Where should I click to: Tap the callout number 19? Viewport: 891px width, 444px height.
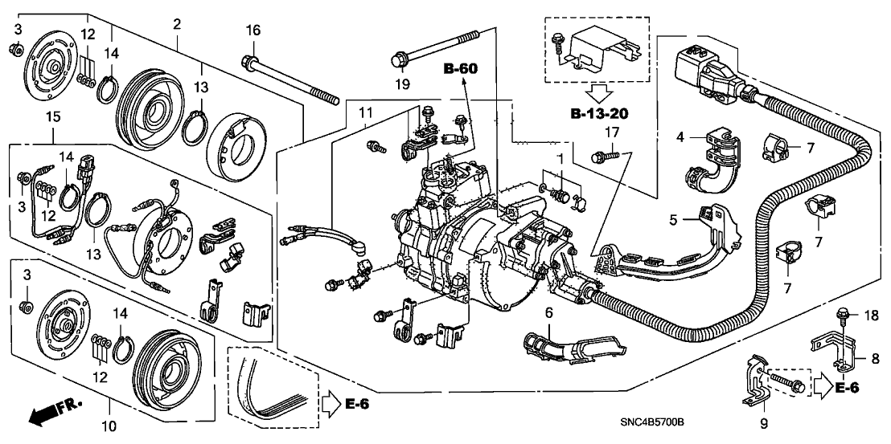[400, 83]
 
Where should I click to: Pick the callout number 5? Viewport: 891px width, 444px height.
[674, 218]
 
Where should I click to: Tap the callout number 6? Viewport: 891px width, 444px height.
[548, 312]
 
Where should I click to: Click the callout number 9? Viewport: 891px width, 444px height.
[763, 423]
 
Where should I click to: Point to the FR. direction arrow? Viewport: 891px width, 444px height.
[48, 414]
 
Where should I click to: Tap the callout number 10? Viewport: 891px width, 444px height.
[110, 423]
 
